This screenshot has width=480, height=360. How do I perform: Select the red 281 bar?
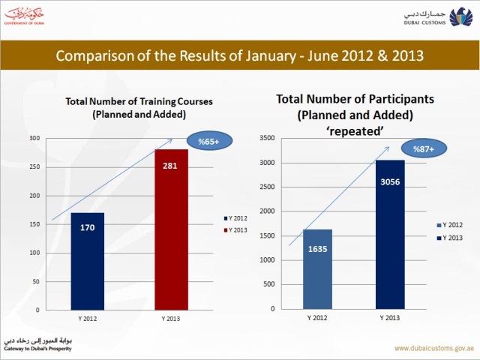(x=172, y=229)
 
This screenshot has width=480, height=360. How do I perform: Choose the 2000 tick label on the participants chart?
(x=268, y=211)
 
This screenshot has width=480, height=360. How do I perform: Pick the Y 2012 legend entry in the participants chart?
(x=450, y=224)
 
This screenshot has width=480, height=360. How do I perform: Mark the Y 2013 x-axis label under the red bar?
(x=171, y=318)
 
